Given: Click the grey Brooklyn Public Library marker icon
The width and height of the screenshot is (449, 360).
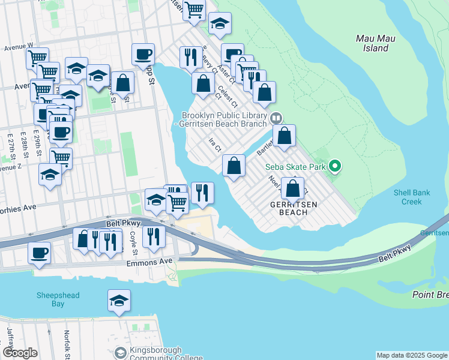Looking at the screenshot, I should pos(276,118).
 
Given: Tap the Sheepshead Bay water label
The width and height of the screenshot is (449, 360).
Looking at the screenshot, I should pos(57,299).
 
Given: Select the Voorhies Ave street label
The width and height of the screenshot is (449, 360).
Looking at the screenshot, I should pos(18,207).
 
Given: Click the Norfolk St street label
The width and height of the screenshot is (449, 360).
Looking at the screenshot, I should pos(67,349).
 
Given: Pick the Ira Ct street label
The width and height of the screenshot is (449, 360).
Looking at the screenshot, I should pos(215,145).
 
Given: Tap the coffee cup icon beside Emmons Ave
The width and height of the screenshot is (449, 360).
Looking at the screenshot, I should pos(40,253).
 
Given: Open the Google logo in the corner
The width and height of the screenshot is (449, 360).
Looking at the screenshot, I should pos(20,353).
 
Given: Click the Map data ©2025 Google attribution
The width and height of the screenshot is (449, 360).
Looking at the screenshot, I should pos(411,355).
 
